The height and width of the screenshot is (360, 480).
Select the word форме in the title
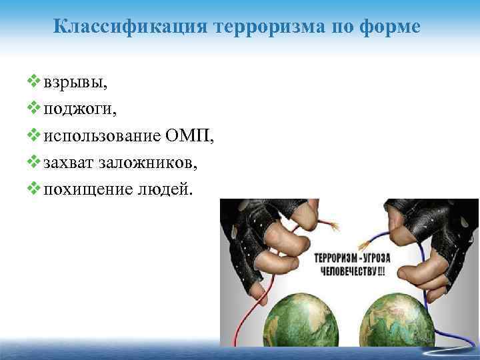[392, 27]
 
